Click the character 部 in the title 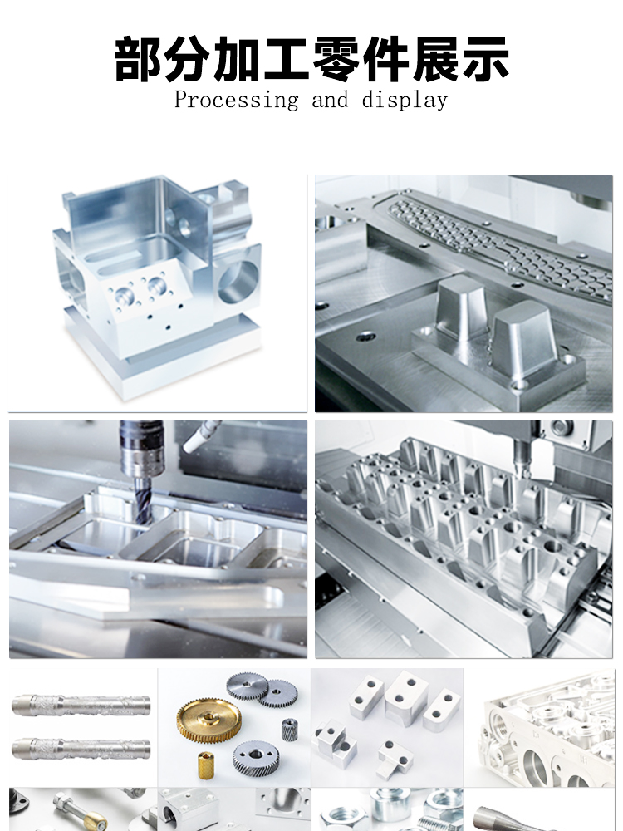click(x=138, y=59)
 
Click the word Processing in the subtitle click(x=236, y=101)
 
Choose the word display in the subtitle click(x=405, y=101)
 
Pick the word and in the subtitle click(x=330, y=100)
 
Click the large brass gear click(x=208, y=721)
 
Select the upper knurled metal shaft click(x=81, y=705)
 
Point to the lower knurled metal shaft click(x=81, y=749)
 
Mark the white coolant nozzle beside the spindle click(x=201, y=436)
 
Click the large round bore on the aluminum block click(x=238, y=282)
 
